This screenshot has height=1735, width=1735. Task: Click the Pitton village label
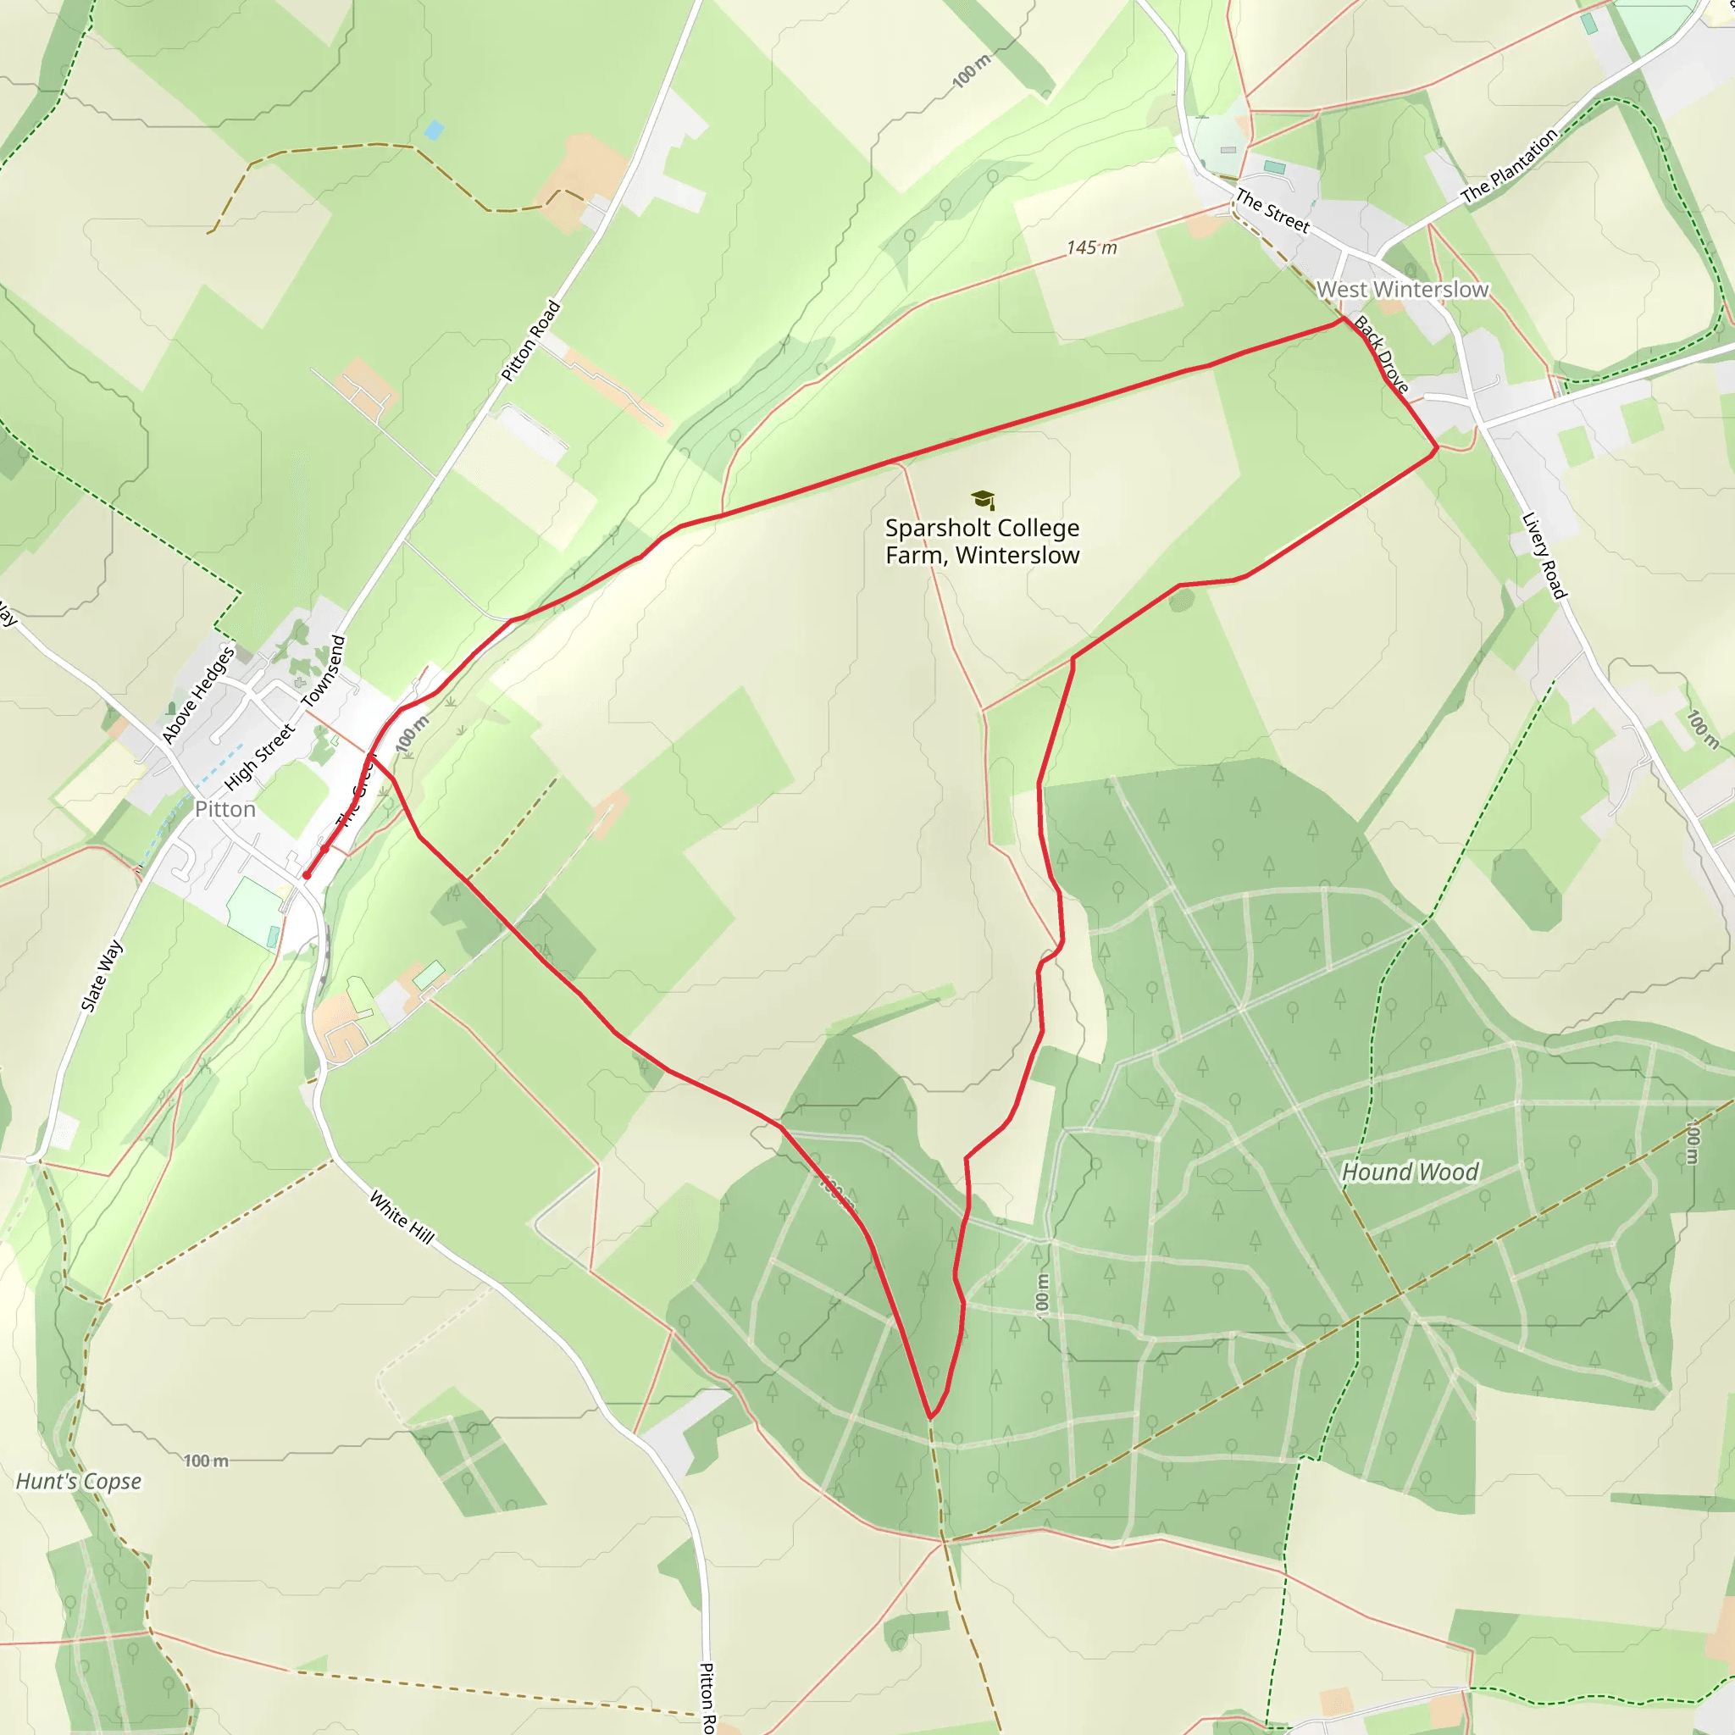(224, 809)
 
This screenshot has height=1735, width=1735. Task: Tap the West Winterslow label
(1402, 289)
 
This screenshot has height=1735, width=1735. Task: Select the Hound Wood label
(1410, 1171)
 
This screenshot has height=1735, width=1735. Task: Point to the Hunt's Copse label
(79, 1481)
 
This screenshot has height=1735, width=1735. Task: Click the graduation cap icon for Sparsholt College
(983, 499)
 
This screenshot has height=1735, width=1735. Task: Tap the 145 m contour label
(1091, 247)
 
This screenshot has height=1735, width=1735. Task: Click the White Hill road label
(402, 1217)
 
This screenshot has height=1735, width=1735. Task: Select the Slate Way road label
(102, 975)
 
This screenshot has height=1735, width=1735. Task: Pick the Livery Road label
(1544, 555)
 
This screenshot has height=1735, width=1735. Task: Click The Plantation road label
(1509, 166)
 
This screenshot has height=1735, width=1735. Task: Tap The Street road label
(1272, 210)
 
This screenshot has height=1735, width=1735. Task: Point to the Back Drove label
(1381, 354)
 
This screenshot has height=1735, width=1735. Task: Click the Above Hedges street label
(197, 694)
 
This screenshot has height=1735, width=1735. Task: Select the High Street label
(258, 757)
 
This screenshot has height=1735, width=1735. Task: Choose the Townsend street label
(324, 671)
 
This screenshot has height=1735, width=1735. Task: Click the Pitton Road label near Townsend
(530, 341)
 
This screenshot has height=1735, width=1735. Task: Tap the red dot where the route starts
(306, 874)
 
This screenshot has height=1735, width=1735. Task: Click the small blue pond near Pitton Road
(434, 130)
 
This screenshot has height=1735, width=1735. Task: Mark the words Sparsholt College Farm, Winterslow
(982, 541)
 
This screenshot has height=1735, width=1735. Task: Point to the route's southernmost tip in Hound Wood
(931, 1418)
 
